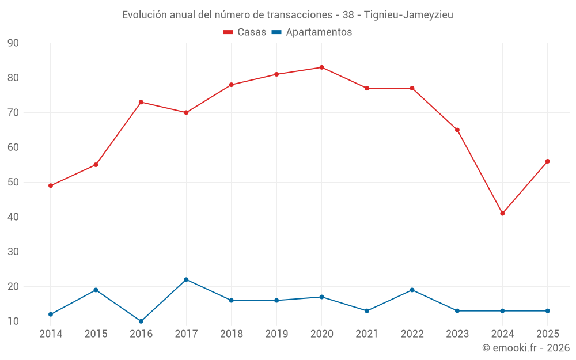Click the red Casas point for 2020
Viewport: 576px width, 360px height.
tap(322, 67)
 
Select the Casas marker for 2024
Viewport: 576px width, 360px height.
tap(502, 214)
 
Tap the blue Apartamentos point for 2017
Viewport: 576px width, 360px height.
tap(186, 279)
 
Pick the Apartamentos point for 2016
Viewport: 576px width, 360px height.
tap(141, 321)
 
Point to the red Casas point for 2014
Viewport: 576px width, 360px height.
tap(51, 185)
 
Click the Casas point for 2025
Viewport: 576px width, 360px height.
tap(548, 161)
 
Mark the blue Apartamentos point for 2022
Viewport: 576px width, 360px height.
tap(412, 290)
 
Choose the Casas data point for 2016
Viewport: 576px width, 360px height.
tap(141, 102)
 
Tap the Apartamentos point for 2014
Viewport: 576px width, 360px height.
tap(51, 314)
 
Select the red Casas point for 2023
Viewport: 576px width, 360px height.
tap(457, 130)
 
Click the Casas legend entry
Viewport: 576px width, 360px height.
tap(245, 32)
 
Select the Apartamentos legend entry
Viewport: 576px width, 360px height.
tap(312, 32)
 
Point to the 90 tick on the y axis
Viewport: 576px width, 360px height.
tap(13, 43)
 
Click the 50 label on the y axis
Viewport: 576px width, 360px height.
tap(13, 182)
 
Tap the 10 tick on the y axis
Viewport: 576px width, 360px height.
tap(13, 321)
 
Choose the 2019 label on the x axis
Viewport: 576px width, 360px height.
tap(276, 334)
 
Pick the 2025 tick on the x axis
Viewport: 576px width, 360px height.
tap(548, 334)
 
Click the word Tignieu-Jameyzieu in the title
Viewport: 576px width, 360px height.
tap(408, 15)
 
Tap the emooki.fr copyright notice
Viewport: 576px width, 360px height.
tap(526, 347)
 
